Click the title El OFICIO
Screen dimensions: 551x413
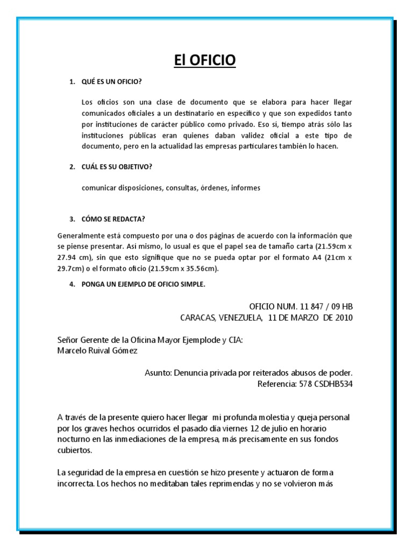tap(205, 61)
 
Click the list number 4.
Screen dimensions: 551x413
tap(72, 285)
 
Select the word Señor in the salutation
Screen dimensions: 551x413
tap(68, 340)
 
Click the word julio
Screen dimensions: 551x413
tap(297, 428)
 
